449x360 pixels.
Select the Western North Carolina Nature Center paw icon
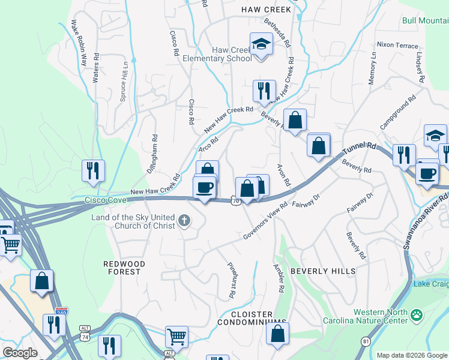click(x=415, y=314)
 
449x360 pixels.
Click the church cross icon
click(x=185, y=222)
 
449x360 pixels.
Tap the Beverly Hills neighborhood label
click(x=323, y=271)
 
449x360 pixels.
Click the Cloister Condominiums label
click(x=252, y=319)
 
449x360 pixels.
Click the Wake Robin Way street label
click(x=79, y=43)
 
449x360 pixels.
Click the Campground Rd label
click(x=398, y=113)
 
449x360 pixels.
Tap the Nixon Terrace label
click(x=397, y=45)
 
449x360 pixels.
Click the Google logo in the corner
click(x=20, y=353)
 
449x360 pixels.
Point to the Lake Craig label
click(x=431, y=283)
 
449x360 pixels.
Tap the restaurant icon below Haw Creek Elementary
click(x=264, y=91)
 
